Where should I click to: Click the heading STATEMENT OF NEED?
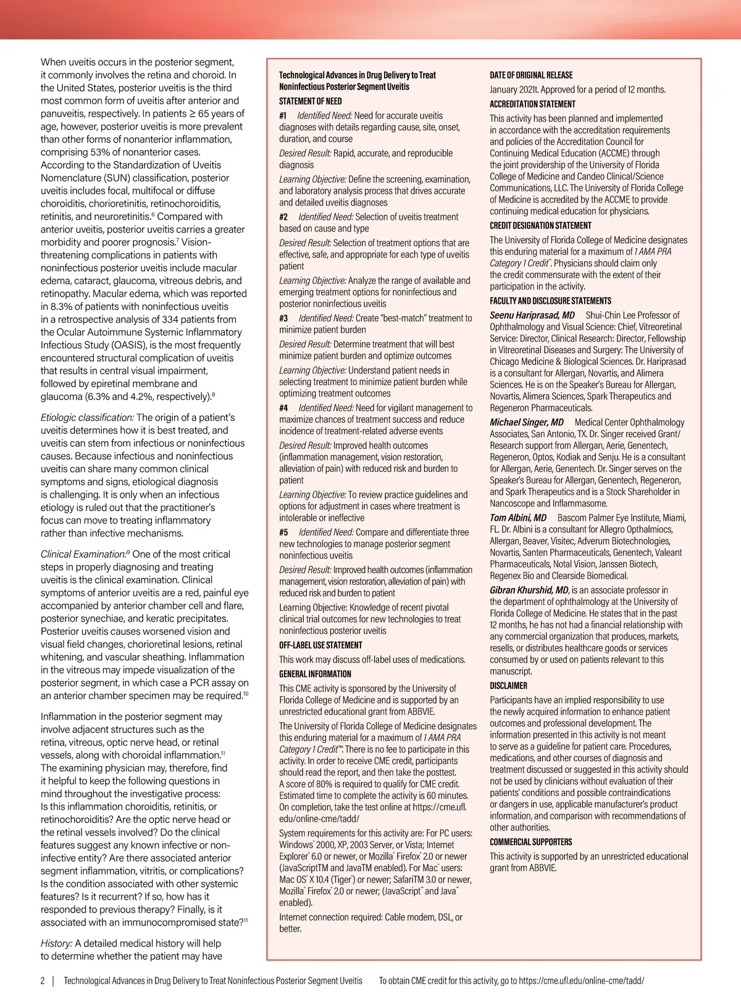point(310,101)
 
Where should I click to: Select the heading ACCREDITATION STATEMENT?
point(532,104)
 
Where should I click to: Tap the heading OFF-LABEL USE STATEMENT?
point(320,645)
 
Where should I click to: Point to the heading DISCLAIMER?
point(508,685)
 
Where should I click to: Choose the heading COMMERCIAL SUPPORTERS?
point(530,842)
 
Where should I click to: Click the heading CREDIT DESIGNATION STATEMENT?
point(540,226)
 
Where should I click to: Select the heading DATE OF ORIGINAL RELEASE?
point(531,75)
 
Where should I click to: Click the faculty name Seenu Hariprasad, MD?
point(532,315)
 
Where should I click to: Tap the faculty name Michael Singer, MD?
point(526,422)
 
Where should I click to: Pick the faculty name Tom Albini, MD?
point(518,518)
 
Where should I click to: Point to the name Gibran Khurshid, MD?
point(529,590)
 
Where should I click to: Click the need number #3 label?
point(283,319)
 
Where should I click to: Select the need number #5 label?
point(283,532)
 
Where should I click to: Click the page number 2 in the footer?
point(43,980)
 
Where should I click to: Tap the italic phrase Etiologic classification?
point(87,418)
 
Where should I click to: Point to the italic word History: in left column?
point(57,943)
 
